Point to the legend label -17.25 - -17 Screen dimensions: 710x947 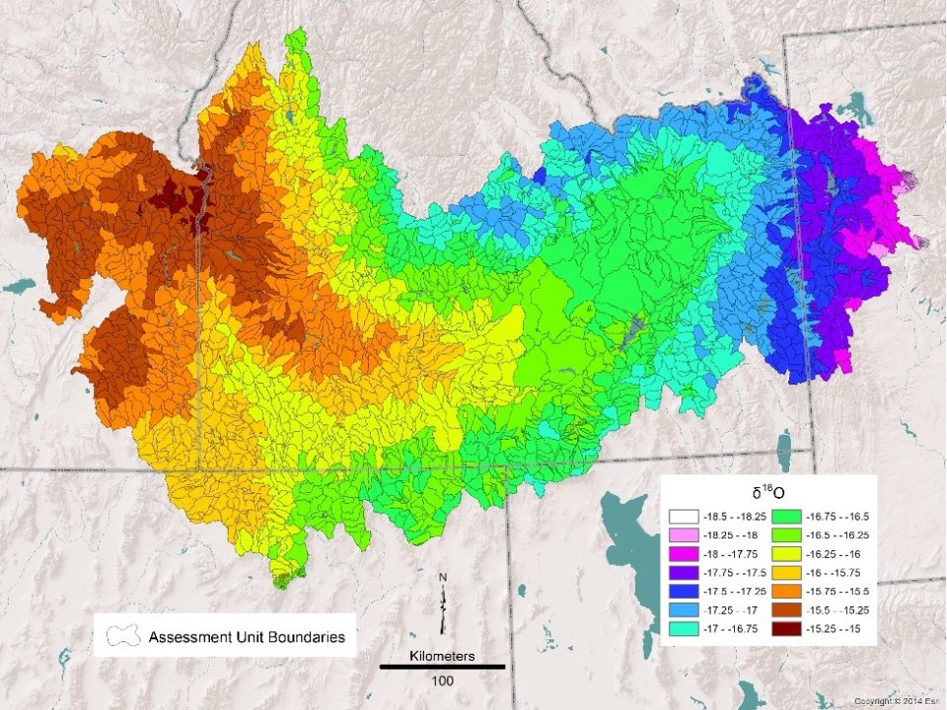point(730,609)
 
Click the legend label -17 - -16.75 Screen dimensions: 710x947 point(730,628)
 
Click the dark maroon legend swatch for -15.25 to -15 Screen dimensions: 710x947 point(785,628)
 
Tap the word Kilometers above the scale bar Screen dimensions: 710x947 point(442,655)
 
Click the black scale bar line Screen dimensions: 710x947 point(442,668)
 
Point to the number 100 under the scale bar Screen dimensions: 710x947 point(442,681)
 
